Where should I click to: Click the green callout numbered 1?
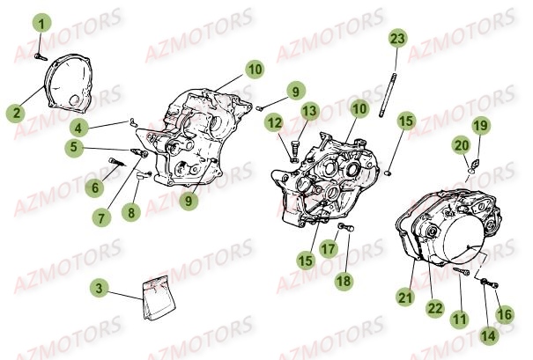[41, 23]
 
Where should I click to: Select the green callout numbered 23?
[398, 39]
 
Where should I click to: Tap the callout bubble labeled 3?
[99, 289]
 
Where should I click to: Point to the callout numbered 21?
[405, 298]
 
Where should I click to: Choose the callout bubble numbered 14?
[488, 336]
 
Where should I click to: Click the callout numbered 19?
[481, 125]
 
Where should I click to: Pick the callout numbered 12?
[275, 123]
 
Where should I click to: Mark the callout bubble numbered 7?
[101, 217]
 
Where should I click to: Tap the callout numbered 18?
[344, 281]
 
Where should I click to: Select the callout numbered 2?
[16, 113]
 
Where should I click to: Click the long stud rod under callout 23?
[389, 95]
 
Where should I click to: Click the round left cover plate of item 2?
[69, 84]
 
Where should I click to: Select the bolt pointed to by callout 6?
[116, 162]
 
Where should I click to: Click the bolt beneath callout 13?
[295, 149]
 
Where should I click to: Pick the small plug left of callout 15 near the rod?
[388, 173]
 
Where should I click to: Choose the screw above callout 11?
[462, 271]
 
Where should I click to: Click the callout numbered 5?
[74, 148]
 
